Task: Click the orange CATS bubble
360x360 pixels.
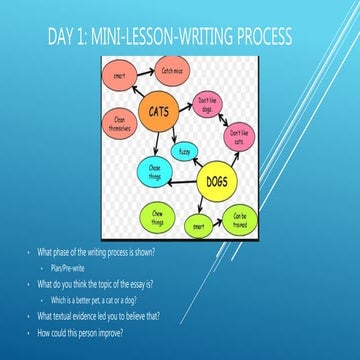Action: point(157,112)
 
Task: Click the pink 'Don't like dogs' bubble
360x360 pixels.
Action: point(208,104)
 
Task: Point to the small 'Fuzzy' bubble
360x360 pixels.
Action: point(184,152)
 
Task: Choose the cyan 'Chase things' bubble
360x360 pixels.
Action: point(155,170)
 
